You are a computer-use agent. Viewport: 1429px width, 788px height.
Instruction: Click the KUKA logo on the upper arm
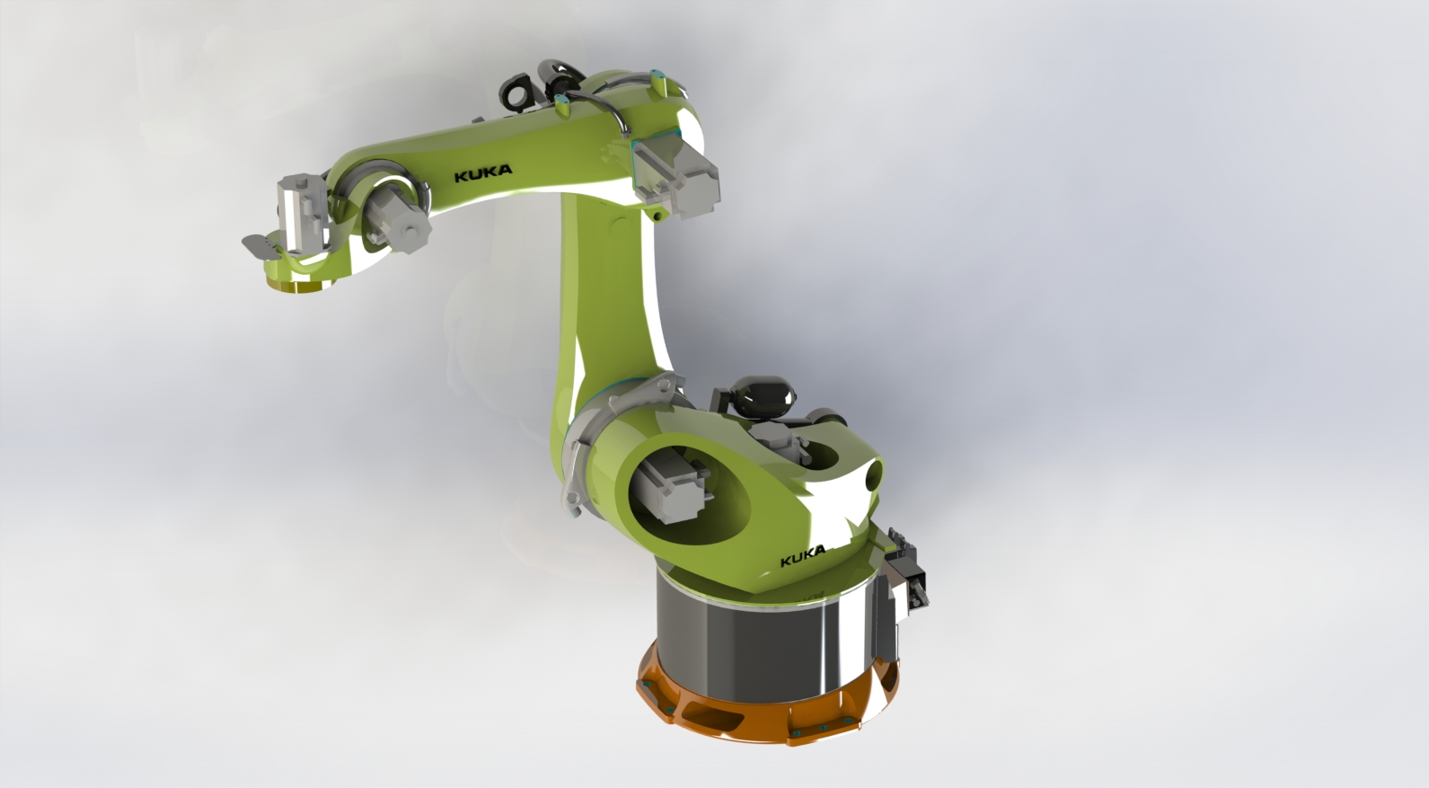483,173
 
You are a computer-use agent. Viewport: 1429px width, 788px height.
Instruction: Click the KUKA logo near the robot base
802,559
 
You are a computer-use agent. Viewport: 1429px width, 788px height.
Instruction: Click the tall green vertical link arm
606,288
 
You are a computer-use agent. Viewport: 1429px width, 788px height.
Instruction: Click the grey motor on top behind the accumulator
822,422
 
